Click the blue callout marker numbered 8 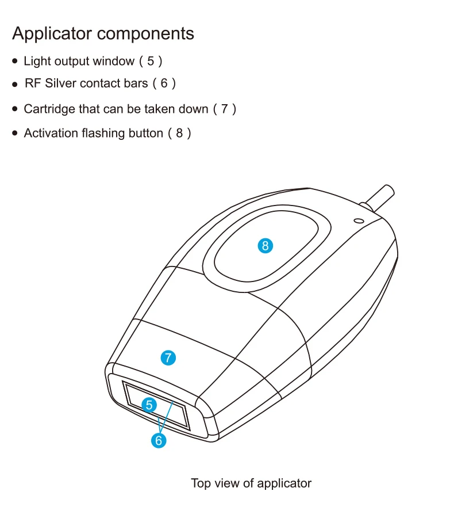click(x=265, y=246)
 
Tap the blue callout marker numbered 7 click(x=168, y=357)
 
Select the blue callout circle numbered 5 click(x=149, y=405)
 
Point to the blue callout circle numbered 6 click(x=159, y=441)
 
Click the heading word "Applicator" click(x=52, y=33)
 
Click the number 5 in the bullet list click(x=151, y=61)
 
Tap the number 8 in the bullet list click(x=179, y=134)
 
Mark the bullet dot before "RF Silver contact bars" click(x=16, y=85)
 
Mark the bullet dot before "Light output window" click(x=16, y=61)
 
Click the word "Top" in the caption click(x=201, y=484)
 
